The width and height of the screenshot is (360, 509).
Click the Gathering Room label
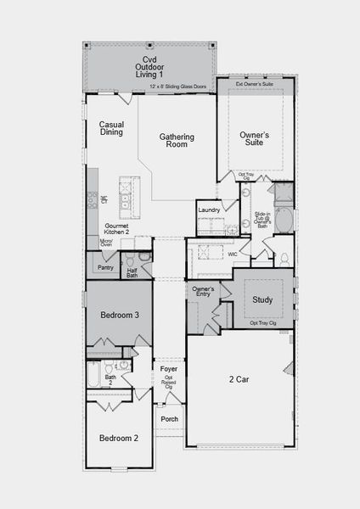(x=176, y=141)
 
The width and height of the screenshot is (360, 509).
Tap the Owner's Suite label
(x=254, y=139)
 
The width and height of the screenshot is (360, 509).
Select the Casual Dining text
(x=111, y=128)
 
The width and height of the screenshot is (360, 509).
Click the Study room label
(x=262, y=299)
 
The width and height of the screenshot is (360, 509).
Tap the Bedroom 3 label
(x=119, y=315)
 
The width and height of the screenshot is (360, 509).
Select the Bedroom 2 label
(x=118, y=438)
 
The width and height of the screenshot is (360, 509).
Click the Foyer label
(x=168, y=369)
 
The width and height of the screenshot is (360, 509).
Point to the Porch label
(x=170, y=419)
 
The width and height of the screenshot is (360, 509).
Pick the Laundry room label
(x=209, y=210)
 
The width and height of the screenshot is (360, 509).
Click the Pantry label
(x=106, y=267)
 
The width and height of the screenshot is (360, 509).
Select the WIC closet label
(x=232, y=253)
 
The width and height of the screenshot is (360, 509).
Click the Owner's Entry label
(x=202, y=292)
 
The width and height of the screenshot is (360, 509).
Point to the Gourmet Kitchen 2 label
(x=116, y=229)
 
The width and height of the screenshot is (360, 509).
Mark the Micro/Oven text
(x=106, y=243)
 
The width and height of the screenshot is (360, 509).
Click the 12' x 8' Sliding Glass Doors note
(x=176, y=87)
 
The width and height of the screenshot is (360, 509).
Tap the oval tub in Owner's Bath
(x=284, y=222)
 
